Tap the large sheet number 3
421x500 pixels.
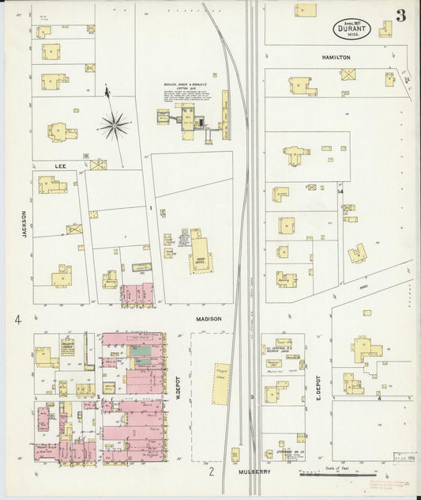(402, 16)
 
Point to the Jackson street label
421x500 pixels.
(24, 225)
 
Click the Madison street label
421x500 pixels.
(209, 319)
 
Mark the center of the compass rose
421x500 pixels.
(115, 123)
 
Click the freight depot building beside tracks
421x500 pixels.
(220, 383)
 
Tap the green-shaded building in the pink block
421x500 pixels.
(143, 360)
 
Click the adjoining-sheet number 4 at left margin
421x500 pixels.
(16, 320)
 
